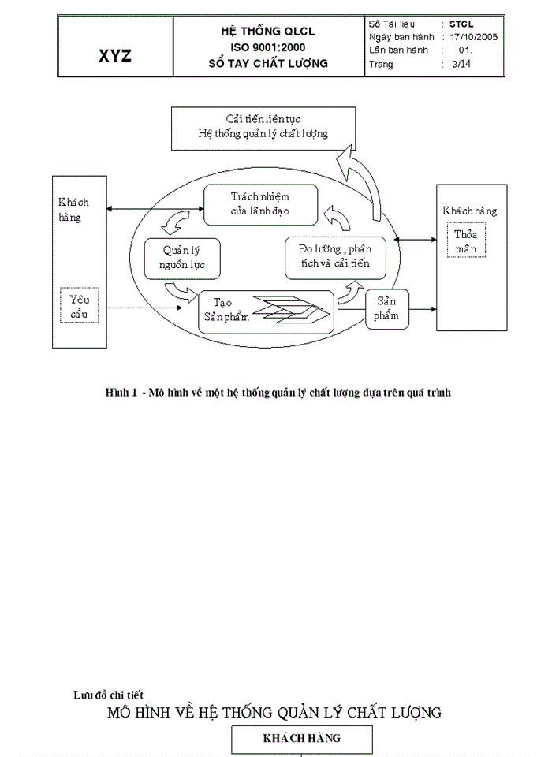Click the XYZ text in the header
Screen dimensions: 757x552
pyautogui.click(x=115, y=56)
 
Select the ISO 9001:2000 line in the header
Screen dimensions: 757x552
pyautogui.click(x=267, y=47)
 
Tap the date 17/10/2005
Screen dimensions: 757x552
pyautogui.click(x=473, y=37)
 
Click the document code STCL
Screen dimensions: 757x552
pyautogui.click(x=461, y=24)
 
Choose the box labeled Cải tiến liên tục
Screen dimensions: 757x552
pyautogui.click(x=263, y=127)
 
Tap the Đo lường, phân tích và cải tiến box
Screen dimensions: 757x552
pyautogui.click(x=336, y=257)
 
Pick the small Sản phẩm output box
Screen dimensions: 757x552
pyautogui.click(x=386, y=308)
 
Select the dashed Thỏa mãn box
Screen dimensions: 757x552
pyautogui.click(x=466, y=241)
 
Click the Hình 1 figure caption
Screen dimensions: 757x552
pyautogui.click(x=278, y=392)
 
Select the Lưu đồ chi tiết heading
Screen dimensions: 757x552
pyautogui.click(x=108, y=695)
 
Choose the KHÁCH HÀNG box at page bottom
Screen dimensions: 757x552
pyautogui.click(x=301, y=739)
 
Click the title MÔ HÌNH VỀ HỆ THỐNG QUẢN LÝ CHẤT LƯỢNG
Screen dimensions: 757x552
pyautogui.click(x=274, y=712)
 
